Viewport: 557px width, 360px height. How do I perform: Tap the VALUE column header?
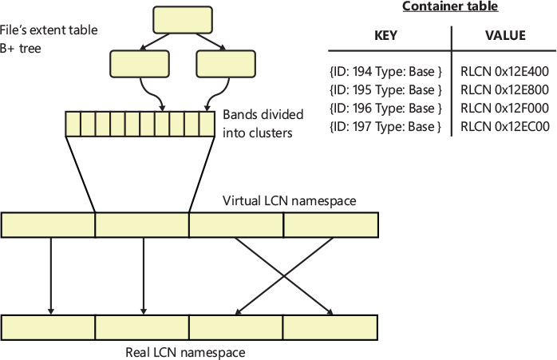(x=504, y=37)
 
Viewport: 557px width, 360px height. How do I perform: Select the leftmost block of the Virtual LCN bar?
(x=49, y=225)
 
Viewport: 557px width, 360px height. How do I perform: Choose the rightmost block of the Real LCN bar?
(x=330, y=327)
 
